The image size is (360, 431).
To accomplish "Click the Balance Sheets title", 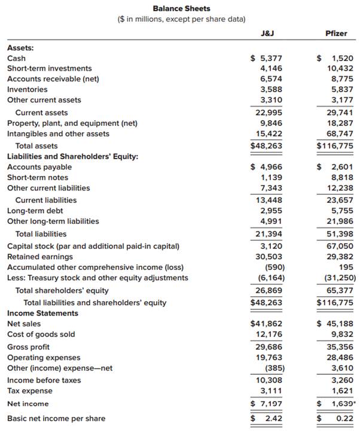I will click(x=181, y=8).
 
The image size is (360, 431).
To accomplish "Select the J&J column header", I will click(x=268, y=34).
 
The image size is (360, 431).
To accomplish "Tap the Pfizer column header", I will click(x=336, y=34).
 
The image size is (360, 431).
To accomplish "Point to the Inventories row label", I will click(x=28, y=89).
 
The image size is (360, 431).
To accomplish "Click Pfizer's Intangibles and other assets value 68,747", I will click(x=338, y=133).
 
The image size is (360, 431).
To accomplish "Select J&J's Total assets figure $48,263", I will click(x=266, y=145).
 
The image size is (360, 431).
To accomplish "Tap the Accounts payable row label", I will click(x=39, y=167).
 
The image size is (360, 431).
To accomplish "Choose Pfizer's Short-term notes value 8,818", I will click(x=341, y=177).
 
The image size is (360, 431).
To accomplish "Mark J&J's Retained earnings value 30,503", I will click(x=270, y=256).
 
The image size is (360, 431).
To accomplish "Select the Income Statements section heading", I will click(x=42, y=313).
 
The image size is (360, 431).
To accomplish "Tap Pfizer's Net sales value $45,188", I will click(x=338, y=324).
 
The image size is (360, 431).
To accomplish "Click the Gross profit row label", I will click(x=28, y=347).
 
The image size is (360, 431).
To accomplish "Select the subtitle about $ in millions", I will click(x=181, y=19).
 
